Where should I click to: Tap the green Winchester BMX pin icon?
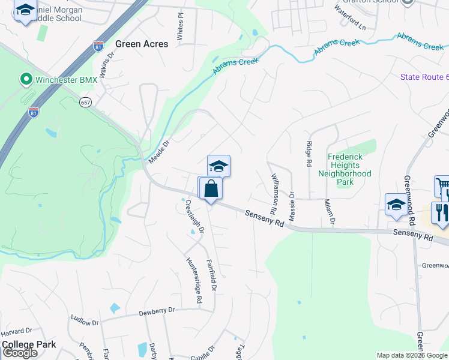click(x=25, y=79)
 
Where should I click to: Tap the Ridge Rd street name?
click(x=309, y=153)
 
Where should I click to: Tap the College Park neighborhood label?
click(x=29, y=344)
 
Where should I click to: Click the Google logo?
click(x=20, y=353)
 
